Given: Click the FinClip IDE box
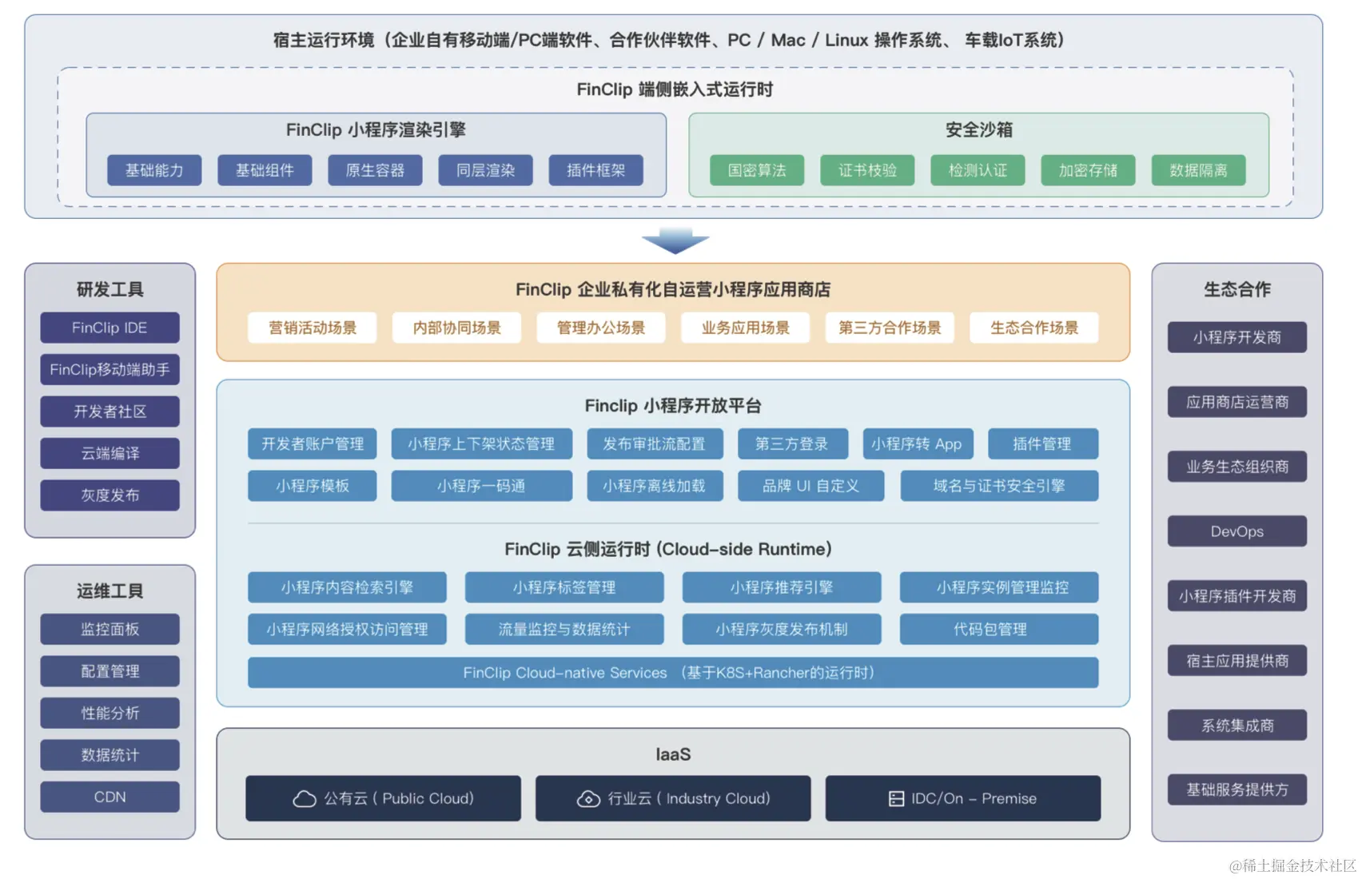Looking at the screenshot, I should (110, 328).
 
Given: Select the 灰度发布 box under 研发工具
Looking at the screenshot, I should (110, 495).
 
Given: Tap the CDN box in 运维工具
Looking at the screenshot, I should (110, 797).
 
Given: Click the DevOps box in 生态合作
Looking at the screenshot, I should (1237, 531).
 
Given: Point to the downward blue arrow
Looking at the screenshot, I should (675, 241).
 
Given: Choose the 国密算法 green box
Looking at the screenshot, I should (757, 170).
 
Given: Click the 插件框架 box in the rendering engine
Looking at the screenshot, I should (595, 170).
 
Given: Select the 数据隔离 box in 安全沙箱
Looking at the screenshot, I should (1198, 170).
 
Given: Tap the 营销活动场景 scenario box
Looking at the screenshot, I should (313, 328).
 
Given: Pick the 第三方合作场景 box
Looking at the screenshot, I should (890, 328).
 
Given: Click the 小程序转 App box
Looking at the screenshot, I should (917, 443).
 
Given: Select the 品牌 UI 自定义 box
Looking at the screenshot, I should (811, 486).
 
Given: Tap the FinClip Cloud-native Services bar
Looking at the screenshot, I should (673, 673).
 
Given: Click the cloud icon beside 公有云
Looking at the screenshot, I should (305, 798).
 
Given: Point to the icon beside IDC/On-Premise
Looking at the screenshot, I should (897, 798).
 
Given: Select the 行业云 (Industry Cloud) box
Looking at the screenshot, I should (673, 798).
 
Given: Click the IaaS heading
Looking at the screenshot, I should (673, 754).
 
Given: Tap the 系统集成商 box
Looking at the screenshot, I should (1237, 726).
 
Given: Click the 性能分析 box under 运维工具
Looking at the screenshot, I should (110, 713).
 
